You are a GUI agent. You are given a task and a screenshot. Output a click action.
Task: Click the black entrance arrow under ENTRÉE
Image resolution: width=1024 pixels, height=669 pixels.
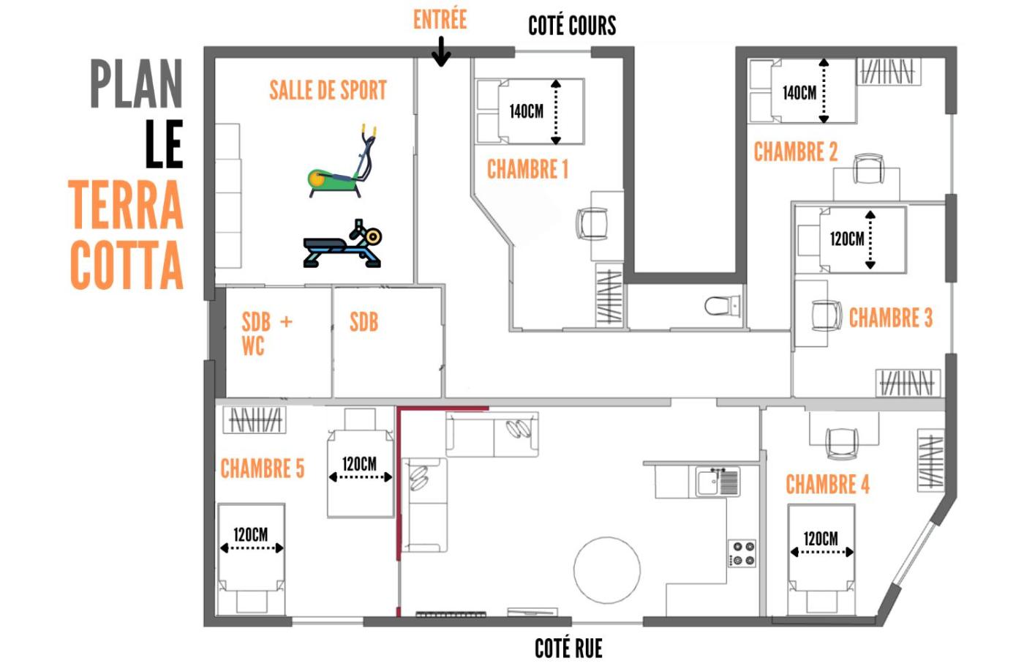click(x=441, y=52)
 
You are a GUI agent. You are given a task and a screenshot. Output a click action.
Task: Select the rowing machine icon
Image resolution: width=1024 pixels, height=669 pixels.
click(x=342, y=244)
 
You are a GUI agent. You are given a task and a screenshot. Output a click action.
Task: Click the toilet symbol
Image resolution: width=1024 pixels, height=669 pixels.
click(x=722, y=306)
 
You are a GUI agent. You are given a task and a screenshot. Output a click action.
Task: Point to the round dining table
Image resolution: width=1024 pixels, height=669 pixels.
click(x=607, y=570)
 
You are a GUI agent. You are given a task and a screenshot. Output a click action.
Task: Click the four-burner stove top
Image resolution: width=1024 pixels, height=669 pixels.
click(x=742, y=553)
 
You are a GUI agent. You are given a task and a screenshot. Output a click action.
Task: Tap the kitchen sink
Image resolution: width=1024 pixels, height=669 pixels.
click(x=717, y=482)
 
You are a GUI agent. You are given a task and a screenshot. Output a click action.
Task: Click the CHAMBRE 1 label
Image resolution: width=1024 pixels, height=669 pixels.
click(x=527, y=169)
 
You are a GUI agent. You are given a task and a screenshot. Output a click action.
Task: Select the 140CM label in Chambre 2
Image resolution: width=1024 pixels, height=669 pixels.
click(x=799, y=93)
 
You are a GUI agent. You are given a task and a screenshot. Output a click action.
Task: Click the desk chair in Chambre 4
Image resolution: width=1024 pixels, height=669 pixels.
click(x=842, y=443)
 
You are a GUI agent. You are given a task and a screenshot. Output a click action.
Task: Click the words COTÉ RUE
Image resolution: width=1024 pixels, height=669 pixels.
click(x=569, y=648)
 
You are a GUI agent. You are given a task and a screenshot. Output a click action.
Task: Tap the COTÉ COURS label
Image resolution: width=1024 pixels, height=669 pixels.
click(x=572, y=26)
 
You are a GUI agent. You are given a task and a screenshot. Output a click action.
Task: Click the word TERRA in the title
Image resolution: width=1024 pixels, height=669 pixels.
click(x=126, y=204)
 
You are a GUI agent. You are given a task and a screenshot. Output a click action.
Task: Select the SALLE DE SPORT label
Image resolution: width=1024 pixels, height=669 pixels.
click(x=328, y=90)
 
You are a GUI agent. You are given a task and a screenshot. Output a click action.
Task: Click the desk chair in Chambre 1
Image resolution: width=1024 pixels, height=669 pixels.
click(x=592, y=224)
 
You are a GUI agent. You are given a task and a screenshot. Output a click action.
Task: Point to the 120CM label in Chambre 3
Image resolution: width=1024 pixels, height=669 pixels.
click(x=847, y=239)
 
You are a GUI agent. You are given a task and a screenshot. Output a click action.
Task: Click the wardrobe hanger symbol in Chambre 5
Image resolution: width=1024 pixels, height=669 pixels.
click(x=255, y=420)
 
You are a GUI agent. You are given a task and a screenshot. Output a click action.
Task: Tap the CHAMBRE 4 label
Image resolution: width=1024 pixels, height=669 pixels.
click(x=827, y=484)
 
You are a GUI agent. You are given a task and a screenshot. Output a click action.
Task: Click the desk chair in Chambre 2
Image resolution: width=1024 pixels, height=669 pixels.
click(x=869, y=169)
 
